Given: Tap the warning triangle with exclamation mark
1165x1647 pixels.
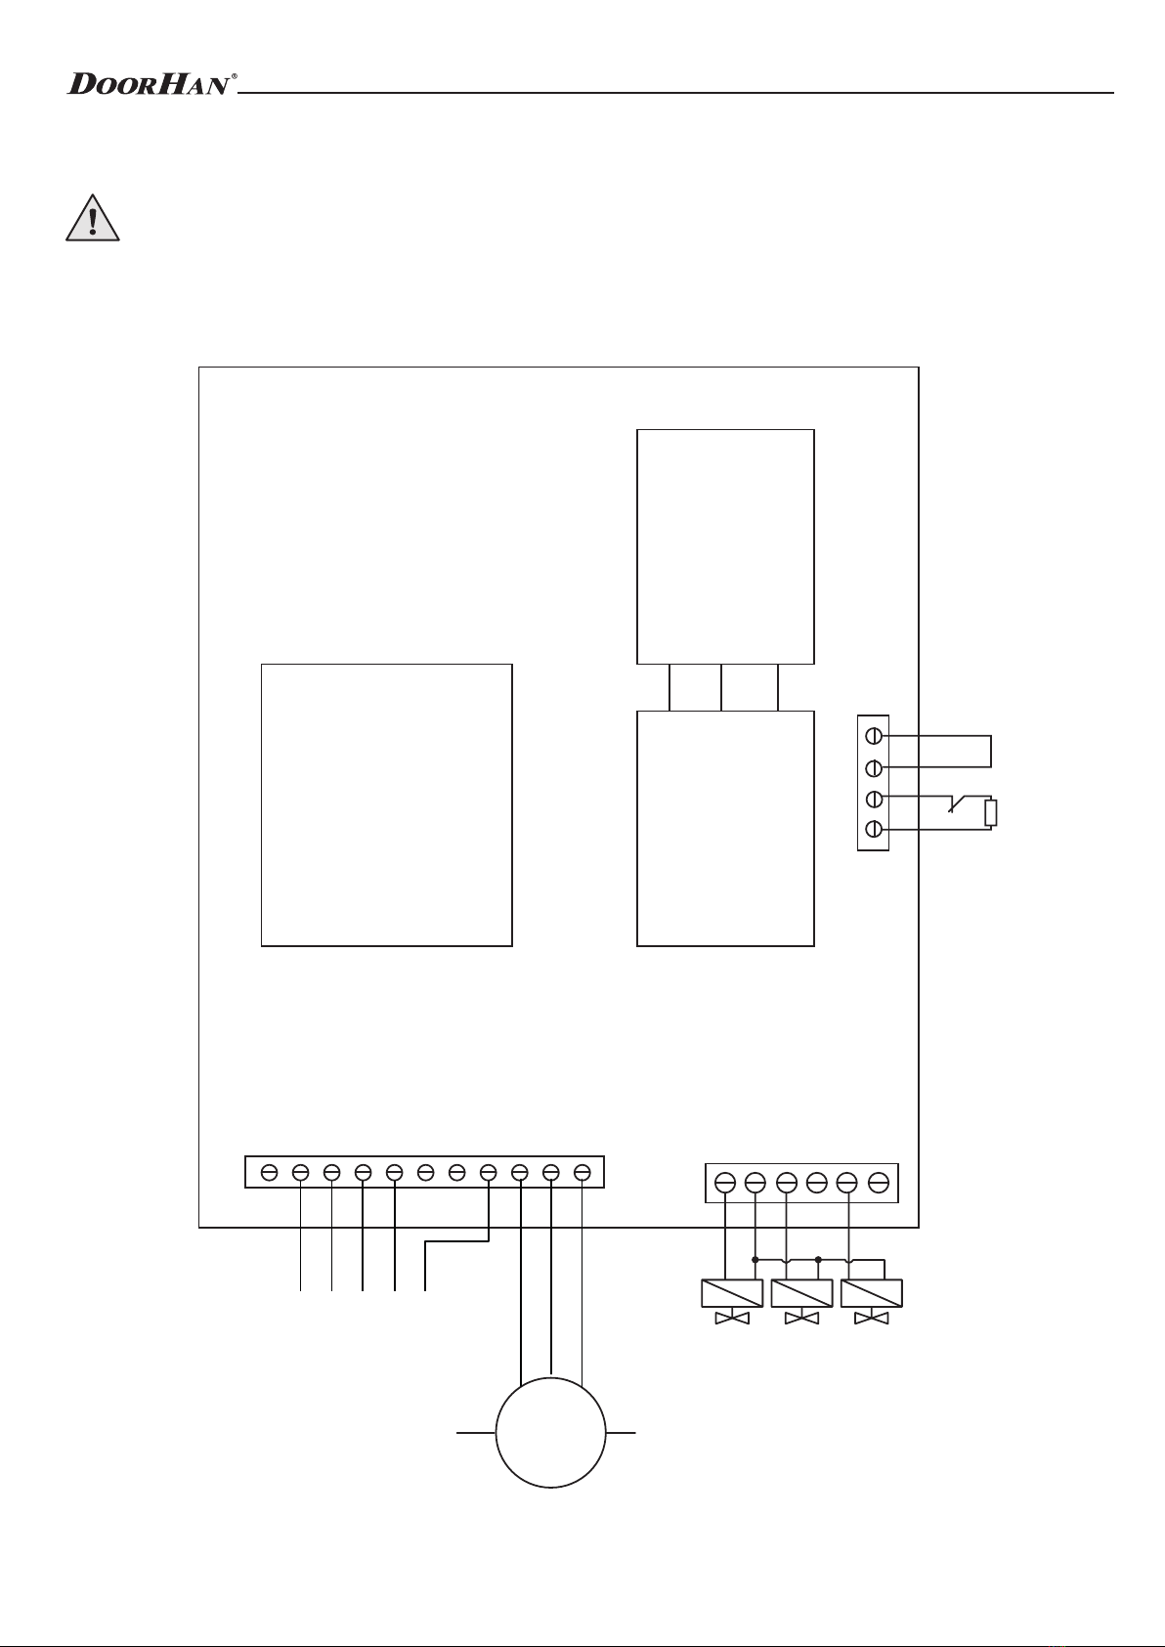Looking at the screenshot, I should click(92, 220).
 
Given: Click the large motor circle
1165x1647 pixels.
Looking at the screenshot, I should click(551, 1432).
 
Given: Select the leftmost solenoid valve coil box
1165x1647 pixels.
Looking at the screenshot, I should click(732, 1293).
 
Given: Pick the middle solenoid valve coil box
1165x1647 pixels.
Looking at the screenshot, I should click(801, 1293).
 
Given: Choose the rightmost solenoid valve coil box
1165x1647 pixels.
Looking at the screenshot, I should click(871, 1293).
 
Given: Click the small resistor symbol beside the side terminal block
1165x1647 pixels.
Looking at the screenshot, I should click(992, 813).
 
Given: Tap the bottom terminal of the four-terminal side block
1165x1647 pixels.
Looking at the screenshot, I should click(875, 830).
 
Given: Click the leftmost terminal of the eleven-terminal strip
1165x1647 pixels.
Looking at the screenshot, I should click(270, 1171).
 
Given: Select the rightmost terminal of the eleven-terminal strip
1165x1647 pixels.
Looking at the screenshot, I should click(582, 1171).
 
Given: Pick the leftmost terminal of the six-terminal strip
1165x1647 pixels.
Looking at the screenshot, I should click(725, 1183).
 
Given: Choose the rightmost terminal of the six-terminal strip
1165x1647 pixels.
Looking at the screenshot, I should click(879, 1183).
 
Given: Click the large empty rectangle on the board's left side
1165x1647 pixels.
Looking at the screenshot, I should click(386, 804).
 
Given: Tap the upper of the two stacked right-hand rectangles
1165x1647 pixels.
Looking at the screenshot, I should click(725, 545).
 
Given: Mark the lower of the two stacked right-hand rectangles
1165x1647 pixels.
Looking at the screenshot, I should click(725, 828).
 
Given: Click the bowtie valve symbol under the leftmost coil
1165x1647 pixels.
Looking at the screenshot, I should click(732, 1320).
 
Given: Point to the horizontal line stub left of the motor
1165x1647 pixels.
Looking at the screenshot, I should click(476, 1433).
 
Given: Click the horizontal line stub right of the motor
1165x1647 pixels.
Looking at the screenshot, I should click(622, 1433).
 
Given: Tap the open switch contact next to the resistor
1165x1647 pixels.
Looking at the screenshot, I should click(955, 805).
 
